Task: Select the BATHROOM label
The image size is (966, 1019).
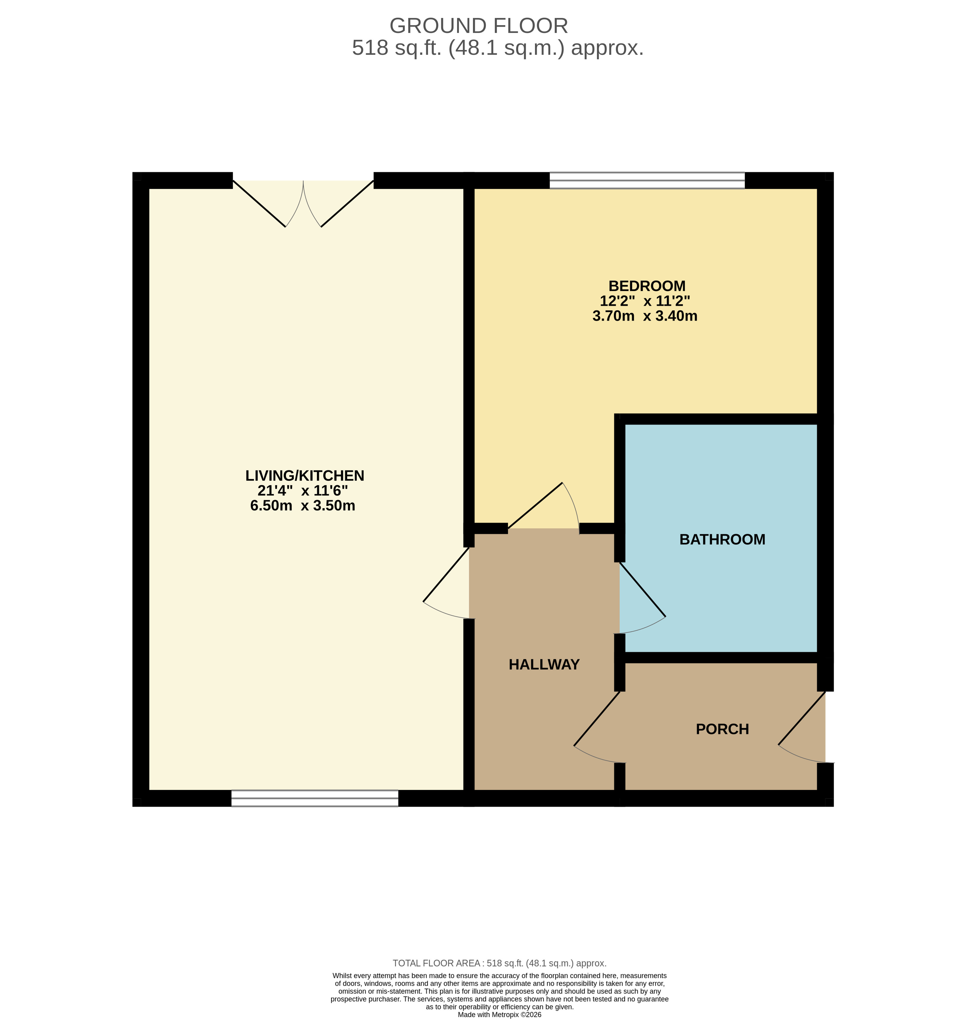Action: click(722, 539)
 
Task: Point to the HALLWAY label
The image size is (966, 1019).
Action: click(544, 664)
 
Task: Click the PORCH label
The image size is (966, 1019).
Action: click(722, 729)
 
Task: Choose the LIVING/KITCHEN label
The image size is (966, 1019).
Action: click(305, 476)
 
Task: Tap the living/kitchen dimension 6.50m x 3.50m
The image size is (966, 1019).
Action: click(303, 505)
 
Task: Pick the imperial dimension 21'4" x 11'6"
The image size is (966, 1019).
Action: click(303, 490)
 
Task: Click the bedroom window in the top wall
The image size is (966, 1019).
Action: click(647, 180)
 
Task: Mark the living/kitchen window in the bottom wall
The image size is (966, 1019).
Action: click(315, 798)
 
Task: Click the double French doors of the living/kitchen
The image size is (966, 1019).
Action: click(303, 203)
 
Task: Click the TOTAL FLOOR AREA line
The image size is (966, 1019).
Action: click(500, 963)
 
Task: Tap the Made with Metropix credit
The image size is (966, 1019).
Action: click(500, 1015)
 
